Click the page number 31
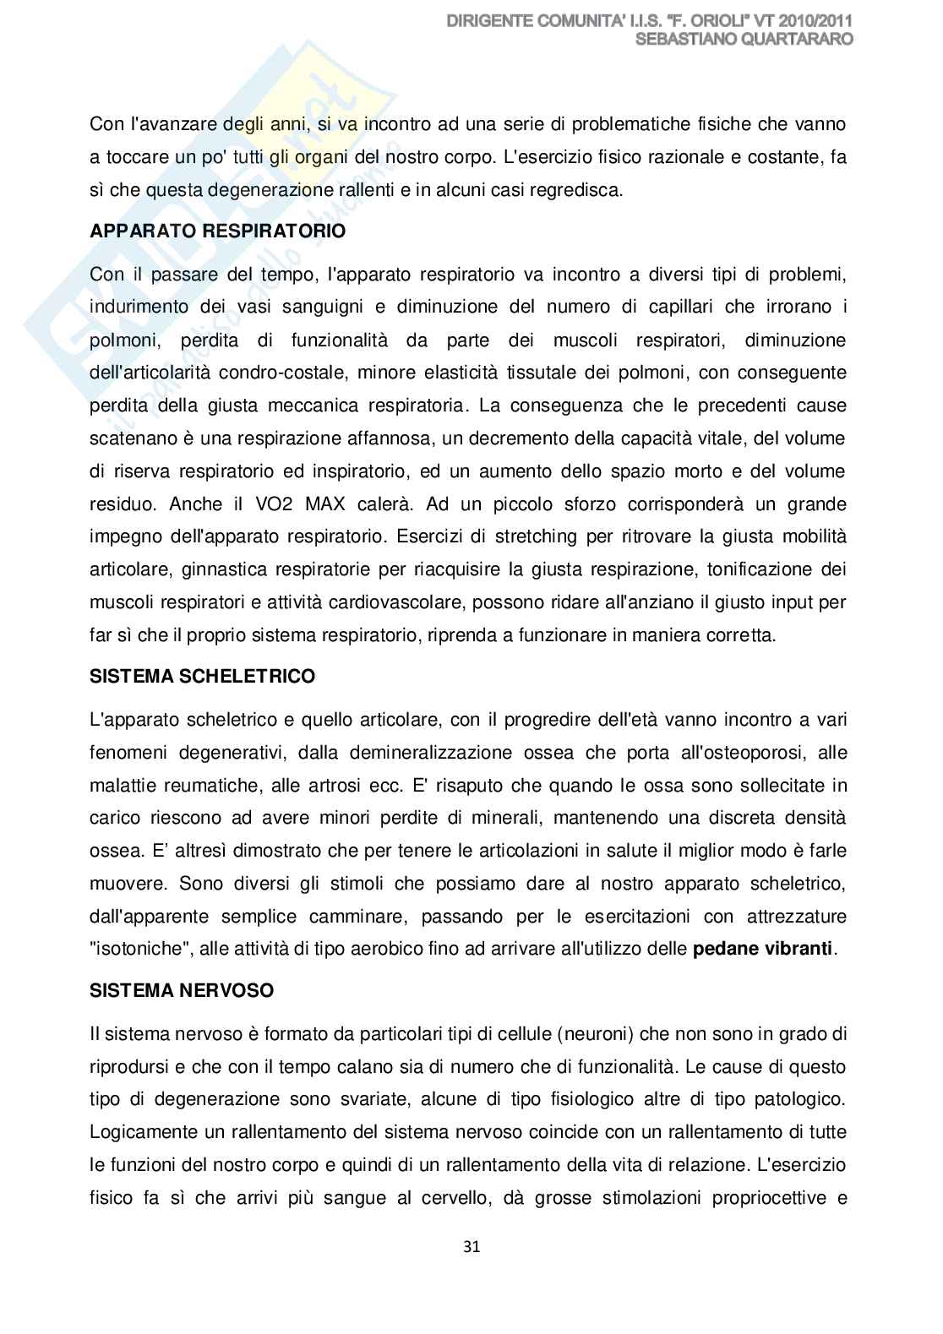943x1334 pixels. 471,1246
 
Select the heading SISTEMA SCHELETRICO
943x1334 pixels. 203,676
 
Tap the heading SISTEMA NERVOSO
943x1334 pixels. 182,990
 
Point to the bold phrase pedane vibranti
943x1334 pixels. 763,948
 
